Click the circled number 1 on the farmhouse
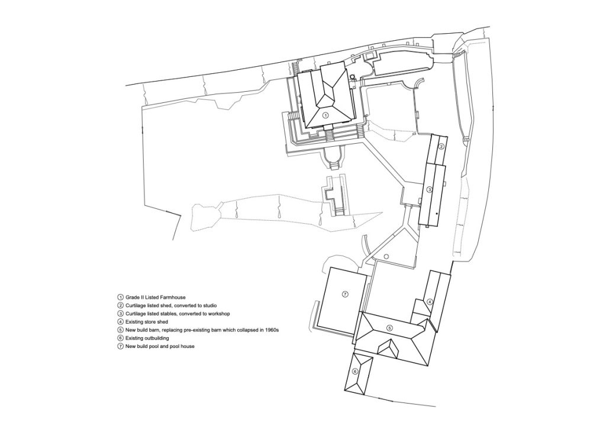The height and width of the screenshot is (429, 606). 325,115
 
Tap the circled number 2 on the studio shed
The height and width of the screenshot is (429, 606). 441,146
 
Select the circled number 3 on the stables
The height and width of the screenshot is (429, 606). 430,189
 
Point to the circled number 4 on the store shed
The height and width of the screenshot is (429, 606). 430,301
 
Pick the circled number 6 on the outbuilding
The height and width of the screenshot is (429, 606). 355,372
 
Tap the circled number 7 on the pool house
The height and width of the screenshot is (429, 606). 344,294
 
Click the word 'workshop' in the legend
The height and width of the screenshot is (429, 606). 218,313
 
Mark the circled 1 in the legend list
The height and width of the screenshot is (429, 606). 120,296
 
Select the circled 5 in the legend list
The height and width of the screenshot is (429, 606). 120,330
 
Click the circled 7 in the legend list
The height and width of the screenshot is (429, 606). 120,346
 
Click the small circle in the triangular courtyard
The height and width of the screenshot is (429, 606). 386,256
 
